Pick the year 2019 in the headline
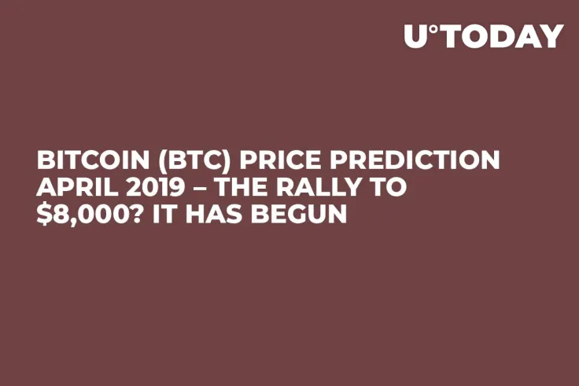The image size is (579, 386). (x=144, y=187)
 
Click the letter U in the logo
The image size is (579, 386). (x=417, y=36)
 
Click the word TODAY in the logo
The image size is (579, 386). (x=503, y=36)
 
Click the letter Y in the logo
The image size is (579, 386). (x=551, y=36)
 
